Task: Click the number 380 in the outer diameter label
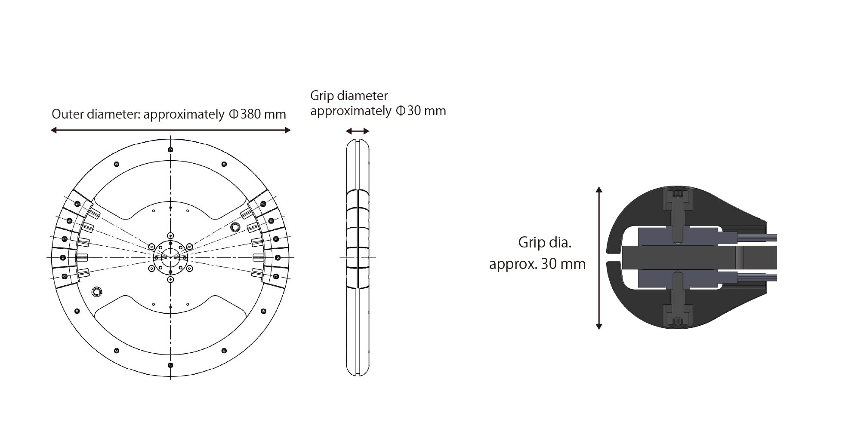pos(250,114)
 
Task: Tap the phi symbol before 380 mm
pos(234,114)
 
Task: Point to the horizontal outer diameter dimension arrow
pos(170,130)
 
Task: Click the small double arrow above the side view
pos(358,131)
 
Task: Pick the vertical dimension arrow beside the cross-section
pos(598,258)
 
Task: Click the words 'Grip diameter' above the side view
pos(349,96)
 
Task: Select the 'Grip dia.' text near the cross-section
pos(545,243)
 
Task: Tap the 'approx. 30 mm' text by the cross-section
pos(537,264)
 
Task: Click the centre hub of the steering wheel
pos(170,257)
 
